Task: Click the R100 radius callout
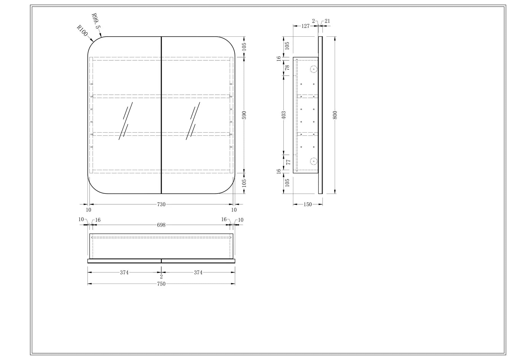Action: (82, 31)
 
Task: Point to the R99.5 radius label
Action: (96, 21)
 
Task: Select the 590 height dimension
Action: (244, 115)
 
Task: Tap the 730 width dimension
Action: (161, 204)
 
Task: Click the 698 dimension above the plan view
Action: (161, 225)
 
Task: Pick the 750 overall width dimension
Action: (161, 284)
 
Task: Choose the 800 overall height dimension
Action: (335, 115)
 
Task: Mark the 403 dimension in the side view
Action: (284, 115)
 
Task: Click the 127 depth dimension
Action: (305, 26)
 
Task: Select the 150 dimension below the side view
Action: (308, 204)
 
